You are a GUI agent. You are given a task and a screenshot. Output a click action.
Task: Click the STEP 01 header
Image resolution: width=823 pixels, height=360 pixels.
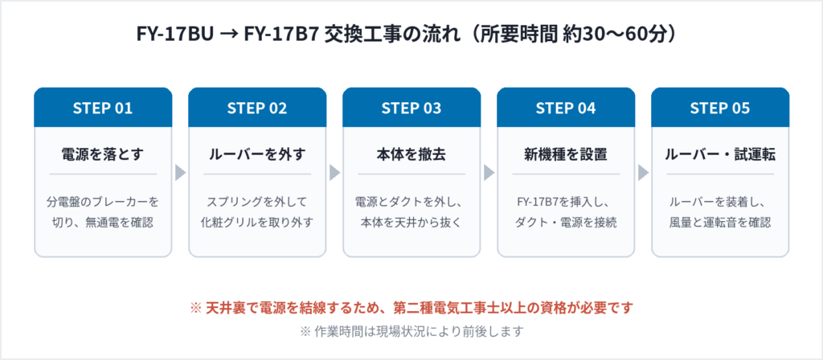pos(103,108)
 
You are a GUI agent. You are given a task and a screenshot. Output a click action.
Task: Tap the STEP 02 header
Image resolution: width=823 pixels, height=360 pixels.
pos(257,108)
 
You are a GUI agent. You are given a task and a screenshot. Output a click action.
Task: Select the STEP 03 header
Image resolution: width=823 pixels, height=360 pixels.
pos(411,108)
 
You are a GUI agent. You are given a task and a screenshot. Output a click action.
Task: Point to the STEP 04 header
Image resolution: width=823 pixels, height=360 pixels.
pos(566,108)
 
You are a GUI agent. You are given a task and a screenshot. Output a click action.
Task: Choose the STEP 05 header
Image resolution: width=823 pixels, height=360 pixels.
pos(720,108)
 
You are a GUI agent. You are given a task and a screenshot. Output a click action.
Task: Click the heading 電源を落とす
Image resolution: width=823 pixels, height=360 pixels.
pos(103,155)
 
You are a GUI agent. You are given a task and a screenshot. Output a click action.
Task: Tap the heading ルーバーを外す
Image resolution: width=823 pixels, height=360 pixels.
pos(257,155)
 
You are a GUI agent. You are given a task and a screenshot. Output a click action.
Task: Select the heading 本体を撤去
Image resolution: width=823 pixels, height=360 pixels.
pos(411,155)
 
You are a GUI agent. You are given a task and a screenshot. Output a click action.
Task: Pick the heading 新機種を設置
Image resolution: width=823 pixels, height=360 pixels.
pos(566,155)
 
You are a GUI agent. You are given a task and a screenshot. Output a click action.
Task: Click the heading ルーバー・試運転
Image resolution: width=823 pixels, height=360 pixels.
pos(720,155)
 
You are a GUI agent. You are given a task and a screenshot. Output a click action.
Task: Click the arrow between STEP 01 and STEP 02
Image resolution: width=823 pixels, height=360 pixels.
pos(181,173)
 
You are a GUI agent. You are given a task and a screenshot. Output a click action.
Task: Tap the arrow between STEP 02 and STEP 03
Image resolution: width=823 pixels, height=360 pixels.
pos(335,173)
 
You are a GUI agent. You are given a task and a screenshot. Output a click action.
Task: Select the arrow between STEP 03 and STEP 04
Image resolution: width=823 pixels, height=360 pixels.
pos(489,173)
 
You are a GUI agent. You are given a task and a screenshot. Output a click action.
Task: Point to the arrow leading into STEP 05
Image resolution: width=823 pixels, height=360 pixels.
pos(644,173)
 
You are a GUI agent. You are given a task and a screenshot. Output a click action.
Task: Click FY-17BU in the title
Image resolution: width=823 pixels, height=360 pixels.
pos(175,35)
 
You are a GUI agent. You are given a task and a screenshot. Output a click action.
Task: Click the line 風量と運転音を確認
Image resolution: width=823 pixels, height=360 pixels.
pos(720,223)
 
